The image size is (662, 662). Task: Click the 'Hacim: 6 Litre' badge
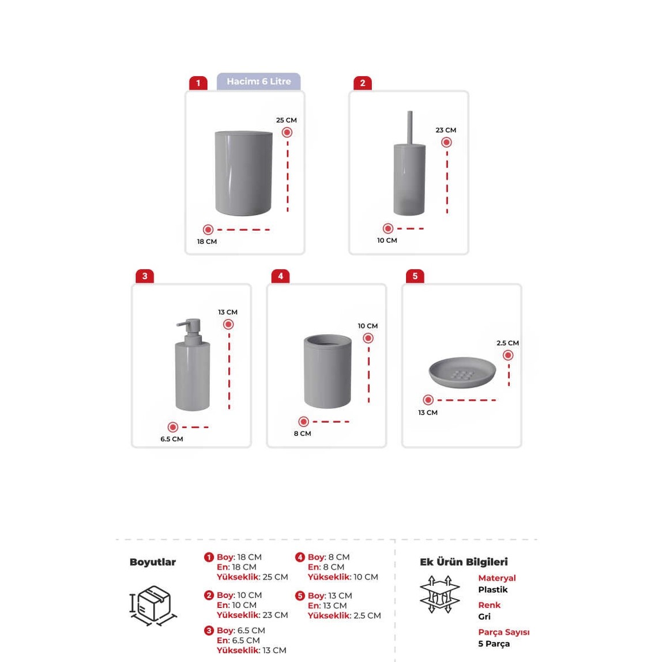[x=258, y=81]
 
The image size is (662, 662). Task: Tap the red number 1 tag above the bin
[x=198, y=83]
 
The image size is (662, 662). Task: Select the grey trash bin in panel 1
[x=243, y=173]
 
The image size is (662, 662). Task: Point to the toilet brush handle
[x=409, y=127]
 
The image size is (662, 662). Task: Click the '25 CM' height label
[x=286, y=120]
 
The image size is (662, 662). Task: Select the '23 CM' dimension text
[x=446, y=130]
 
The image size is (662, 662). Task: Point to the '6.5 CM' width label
[x=171, y=439]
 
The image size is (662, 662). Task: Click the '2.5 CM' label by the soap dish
[x=507, y=343]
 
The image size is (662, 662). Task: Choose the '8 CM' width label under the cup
[x=302, y=433]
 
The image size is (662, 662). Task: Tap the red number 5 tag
[x=415, y=276]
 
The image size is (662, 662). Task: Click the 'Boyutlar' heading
[x=152, y=562]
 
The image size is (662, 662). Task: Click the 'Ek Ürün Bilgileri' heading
[x=464, y=562]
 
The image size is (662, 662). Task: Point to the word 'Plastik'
[x=492, y=589]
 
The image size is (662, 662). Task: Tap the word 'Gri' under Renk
[x=484, y=616]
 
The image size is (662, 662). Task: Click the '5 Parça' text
[x=494, y=644]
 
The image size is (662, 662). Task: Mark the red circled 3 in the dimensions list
[x=209, y=631]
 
